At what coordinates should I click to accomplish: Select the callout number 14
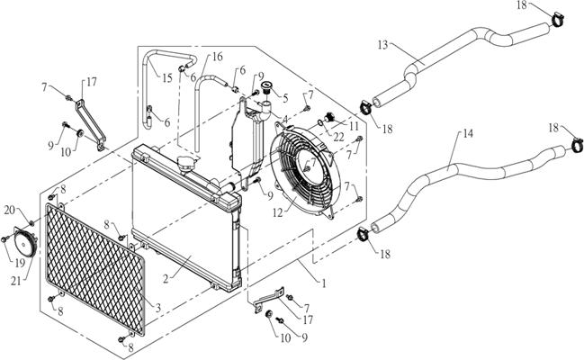coord(466,134)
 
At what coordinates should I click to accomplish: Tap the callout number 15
coord(166,78)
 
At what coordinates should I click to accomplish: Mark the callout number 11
coord(354,128)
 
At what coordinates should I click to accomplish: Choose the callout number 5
coord(285,99)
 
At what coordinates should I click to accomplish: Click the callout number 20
coord(8,210)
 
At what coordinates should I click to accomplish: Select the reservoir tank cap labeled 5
coord(266,91)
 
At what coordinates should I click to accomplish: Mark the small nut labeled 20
coord(30,221)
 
